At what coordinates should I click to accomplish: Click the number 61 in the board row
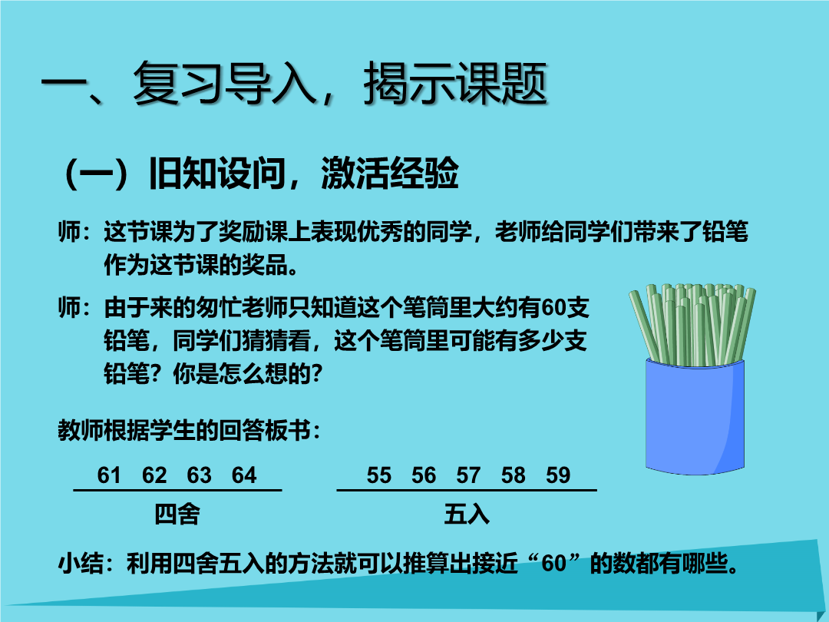(109, 475)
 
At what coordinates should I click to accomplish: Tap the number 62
(154, 475)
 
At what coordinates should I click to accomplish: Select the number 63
(200, 475)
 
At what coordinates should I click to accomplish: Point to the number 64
(244, 475)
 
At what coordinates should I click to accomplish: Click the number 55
(379, 475)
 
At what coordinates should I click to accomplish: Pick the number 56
(424, 475)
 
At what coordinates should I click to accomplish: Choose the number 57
(468, 475)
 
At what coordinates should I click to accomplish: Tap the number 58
(514, 475)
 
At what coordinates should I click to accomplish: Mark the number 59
(558, 475)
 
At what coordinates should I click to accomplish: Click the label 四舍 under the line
(177, 514)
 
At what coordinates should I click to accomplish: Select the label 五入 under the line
(467, 514)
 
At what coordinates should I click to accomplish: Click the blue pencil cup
(695, 416)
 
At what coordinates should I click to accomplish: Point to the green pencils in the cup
(692, 324)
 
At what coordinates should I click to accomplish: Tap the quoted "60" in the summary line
(554, 564)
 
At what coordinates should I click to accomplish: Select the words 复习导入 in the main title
(224, 83)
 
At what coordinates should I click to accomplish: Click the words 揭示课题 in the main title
(455, 83)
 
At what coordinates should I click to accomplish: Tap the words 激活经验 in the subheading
(390, 173)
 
